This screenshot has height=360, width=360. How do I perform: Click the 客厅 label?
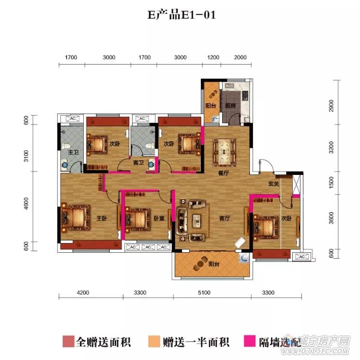[224, 218]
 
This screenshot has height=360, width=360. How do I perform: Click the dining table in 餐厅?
[224, 150]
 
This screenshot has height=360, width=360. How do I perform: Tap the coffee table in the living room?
[197, 220]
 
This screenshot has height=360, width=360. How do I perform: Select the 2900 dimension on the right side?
[331, 105]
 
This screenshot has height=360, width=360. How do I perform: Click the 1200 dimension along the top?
[213, 58]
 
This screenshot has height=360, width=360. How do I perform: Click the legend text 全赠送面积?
[103, 342]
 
